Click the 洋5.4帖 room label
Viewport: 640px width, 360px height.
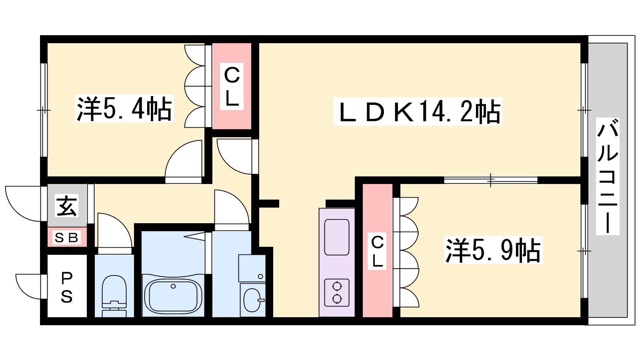point(124,108)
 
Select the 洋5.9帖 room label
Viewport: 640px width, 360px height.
point(493,250)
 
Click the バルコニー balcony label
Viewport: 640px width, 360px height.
point(608,176)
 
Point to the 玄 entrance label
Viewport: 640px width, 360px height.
point(67,206)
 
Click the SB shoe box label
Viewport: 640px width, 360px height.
point(67,238)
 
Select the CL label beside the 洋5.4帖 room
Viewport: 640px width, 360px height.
point(232,86)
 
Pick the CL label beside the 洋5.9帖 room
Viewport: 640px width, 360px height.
point(377,251)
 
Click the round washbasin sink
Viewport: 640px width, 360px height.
point(252,300)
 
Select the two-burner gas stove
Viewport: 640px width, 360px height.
point(337,292)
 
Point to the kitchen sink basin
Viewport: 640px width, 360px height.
point(337,237)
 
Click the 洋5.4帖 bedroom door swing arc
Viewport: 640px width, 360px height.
point(184,160)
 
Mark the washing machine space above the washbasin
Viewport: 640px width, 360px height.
point(252,268)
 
